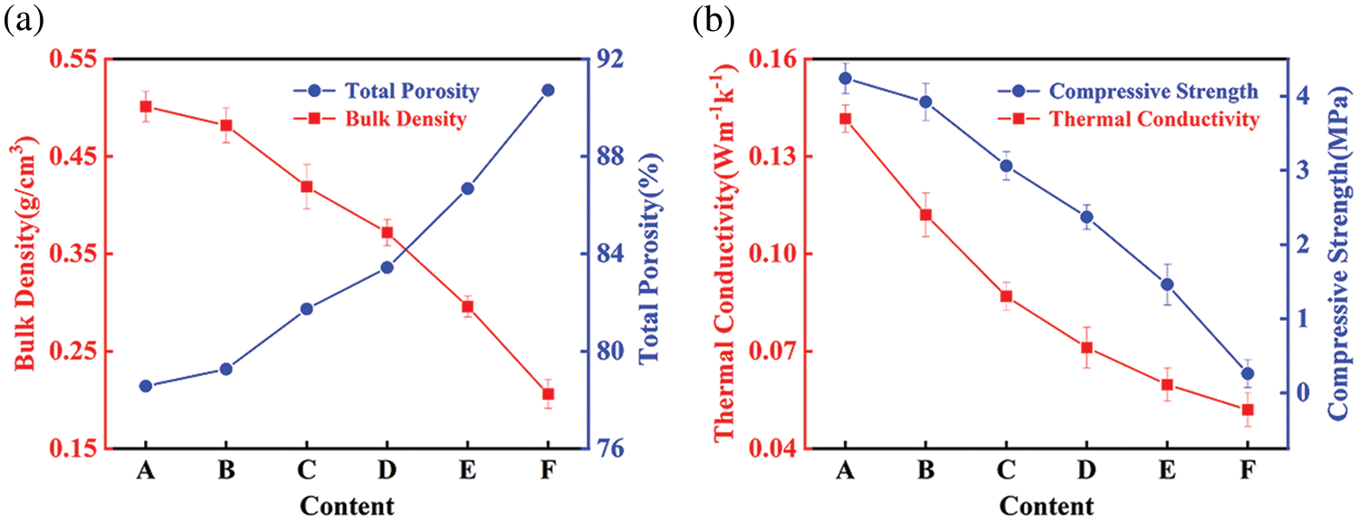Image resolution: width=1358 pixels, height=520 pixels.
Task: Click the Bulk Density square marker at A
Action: pyautogui.click(x=146, y=106)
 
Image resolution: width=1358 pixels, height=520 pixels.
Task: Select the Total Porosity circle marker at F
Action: pyautogui.click(x=547, y=90)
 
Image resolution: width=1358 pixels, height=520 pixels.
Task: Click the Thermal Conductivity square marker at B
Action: pyautogui.click(x=925, y=215)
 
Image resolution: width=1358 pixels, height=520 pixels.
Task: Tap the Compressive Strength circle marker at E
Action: pyautogui.click(x=1167, y=284)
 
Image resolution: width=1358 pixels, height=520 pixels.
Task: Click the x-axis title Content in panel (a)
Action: pyautogui.click(x=346, y=505)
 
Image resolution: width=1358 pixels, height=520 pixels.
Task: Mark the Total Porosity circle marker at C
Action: pyautogui.click(x=306, y=309)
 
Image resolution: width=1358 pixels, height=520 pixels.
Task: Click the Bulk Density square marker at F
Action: pyautogui.click(x=547, y=393)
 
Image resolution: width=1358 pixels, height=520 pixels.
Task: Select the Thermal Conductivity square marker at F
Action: pyautogui.click(x=1248, y=409)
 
